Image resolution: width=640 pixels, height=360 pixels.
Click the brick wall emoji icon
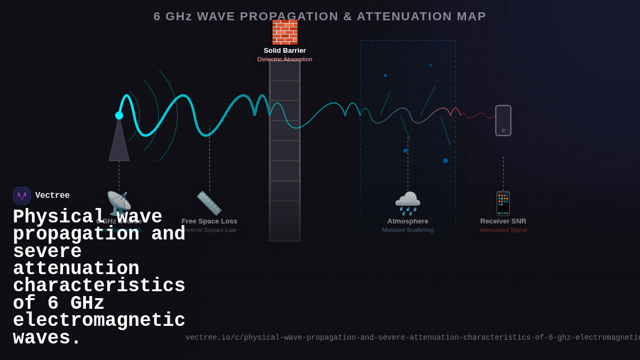[x=285, y=32]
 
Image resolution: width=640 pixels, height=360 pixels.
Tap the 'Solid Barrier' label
[x=285, y=51]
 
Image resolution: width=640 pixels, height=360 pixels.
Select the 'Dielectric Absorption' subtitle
[x=285, y=59]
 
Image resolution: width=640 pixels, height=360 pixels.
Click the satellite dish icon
[x=118, y=203]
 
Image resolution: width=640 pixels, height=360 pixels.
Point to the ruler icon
[x=209, y=203]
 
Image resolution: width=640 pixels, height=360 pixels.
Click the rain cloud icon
[x=407, y=203]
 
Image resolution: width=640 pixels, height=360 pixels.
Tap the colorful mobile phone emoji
[x=503, y=203]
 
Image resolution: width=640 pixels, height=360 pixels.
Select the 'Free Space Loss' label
[x=209, y=221]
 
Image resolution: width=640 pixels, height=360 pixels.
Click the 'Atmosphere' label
[x=407, y=221]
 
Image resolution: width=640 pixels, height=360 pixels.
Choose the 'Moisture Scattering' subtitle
[x=407, y=230]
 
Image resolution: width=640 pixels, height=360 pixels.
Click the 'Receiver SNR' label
[x=503, y=221]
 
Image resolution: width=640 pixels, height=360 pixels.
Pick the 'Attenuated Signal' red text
[x=503, y=230]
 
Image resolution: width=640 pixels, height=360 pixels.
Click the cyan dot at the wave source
[x=119, y=115]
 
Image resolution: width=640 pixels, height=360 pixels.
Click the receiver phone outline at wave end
[x=503, y=121]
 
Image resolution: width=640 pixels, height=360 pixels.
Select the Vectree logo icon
[x=22, y=196]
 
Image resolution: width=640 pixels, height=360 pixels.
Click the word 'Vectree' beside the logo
[x=52, y=196]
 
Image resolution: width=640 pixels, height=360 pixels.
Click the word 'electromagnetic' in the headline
[x=99, y=321]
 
